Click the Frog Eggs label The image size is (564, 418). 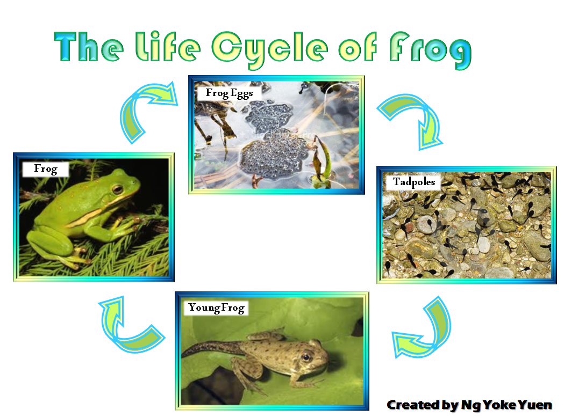[229, 93]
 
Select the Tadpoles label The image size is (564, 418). [413, 181]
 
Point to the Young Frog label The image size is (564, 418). [216, 308]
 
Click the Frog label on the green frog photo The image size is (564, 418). [46, 168]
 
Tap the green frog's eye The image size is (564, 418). [117, 189]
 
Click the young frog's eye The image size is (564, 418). [306, 356]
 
